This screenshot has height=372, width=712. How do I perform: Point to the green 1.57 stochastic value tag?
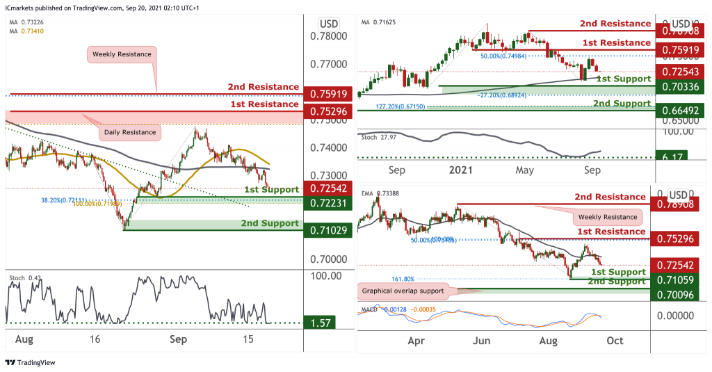point(324,323)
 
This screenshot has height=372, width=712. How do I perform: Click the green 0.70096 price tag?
point(673,295)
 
